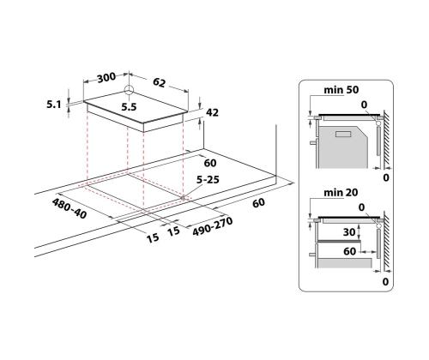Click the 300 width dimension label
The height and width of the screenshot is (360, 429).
pos(106,77)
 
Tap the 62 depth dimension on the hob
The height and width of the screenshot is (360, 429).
pos(159,82)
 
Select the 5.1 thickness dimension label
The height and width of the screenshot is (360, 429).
pos(54,105)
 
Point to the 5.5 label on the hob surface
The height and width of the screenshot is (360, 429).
pos(129,107)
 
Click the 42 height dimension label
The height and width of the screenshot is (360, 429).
pos(212,112)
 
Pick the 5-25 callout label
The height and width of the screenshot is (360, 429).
pos(208,179)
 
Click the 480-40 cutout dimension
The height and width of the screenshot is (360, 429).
pos(69,209)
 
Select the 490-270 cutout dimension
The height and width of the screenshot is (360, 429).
pos(213,226)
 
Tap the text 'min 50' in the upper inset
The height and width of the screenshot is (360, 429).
pos(341,90)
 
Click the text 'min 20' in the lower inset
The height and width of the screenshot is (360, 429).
pos(341,192)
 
